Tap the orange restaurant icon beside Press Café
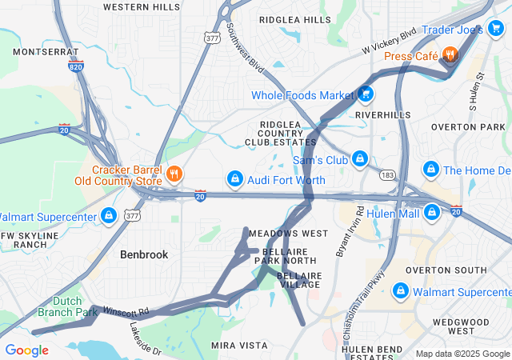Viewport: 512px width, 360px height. click(451, 55)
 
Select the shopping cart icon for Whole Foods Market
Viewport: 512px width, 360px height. click(366, 95)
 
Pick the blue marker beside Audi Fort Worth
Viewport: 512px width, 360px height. click(235, 180)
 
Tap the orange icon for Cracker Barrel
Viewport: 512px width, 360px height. click(174, 173)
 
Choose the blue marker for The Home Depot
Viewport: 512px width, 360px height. click(431, 170)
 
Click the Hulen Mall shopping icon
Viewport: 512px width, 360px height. click(432, 213)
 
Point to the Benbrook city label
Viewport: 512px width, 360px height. click(144, 254)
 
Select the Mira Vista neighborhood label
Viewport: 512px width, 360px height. click(238, 345)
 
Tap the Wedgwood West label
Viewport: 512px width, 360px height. click(460, 326)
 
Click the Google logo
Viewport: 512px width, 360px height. click(26, 350)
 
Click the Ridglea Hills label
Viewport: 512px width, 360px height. click(295, 19)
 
